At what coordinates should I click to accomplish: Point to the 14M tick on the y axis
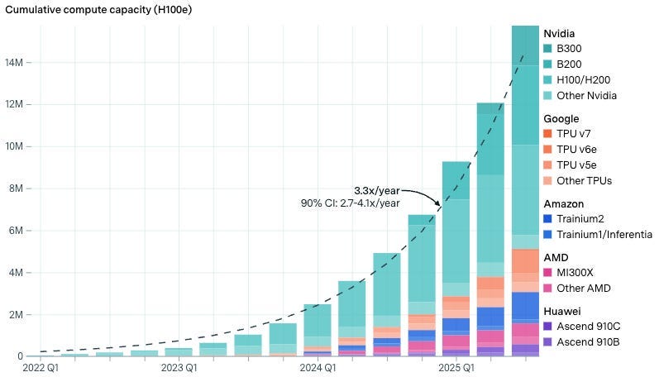(x=21, y=62)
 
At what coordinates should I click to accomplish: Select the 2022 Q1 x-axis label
(x=41, y=366)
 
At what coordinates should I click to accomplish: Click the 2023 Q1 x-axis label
(x=179, y=366)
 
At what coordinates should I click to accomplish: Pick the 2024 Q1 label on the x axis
(x=317, y=366)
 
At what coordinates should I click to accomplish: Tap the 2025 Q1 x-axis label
(x=456, y=366)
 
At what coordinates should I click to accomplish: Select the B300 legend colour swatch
(x=548, y=48)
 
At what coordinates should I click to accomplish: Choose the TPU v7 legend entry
(x=578, y=133)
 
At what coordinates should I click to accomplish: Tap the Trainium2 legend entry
(x=583, y=218)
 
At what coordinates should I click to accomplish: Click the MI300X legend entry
(x=580, y=272)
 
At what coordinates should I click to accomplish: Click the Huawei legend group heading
(x=561, y=310)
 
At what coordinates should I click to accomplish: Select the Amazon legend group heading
(x=564, y=203)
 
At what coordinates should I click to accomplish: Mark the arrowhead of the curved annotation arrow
(x=438, y=204)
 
